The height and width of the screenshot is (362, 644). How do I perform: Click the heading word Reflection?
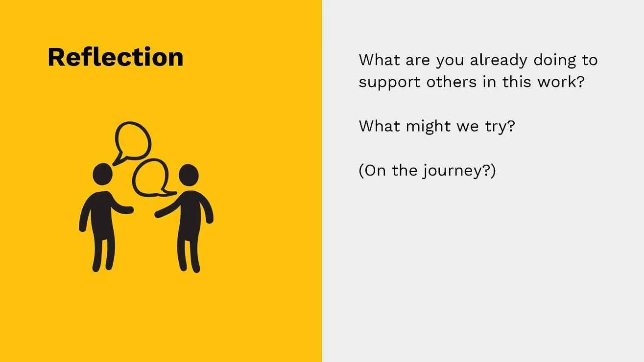click(116, 57)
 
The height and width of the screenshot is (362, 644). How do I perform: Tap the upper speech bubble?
click(133, 142)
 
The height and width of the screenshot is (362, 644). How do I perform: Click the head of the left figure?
click(102, 173)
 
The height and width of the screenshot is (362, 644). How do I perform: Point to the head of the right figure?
click(189, 175)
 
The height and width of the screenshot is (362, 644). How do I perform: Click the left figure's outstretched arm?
click(122, 208)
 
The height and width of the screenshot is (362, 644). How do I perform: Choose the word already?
click(499, 61)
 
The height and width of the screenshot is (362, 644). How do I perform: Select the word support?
click(389, 82)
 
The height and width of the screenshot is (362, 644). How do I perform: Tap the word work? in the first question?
click(561, 81)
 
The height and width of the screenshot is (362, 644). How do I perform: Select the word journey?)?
click(459, 172)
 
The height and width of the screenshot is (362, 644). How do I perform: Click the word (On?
click(373, 171)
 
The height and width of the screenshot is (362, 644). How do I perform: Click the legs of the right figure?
click(189, 252)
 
